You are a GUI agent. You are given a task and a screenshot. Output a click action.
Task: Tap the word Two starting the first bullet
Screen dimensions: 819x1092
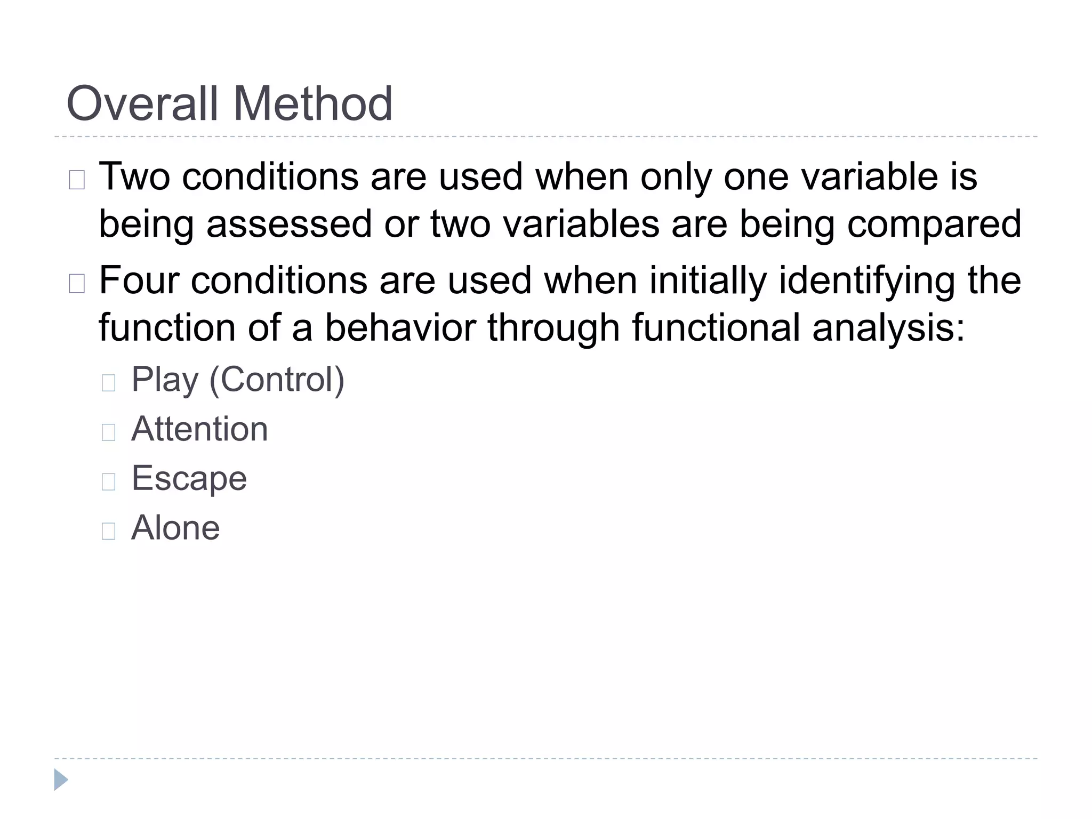134,176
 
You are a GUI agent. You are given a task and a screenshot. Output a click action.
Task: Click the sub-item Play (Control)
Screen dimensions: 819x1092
238,380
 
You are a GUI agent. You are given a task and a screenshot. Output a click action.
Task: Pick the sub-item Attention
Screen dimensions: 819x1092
199,429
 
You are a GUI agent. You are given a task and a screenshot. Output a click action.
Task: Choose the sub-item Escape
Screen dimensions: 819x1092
189,478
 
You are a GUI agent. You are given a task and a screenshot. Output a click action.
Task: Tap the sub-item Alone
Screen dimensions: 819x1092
175,528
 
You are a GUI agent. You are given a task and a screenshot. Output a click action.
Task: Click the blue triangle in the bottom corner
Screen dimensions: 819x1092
61,780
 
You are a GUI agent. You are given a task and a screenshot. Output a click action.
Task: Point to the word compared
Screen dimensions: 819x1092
934,224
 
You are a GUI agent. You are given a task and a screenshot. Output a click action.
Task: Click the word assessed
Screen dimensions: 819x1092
289,224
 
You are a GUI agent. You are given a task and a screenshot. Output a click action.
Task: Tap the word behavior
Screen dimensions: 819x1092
400,327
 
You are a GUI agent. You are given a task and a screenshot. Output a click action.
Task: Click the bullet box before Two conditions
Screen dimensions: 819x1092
77,180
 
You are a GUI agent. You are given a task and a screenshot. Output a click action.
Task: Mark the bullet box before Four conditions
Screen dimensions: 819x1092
77,284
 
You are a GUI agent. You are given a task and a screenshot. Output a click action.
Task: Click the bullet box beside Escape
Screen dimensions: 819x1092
108,481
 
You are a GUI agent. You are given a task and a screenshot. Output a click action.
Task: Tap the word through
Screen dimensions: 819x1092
553,327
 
